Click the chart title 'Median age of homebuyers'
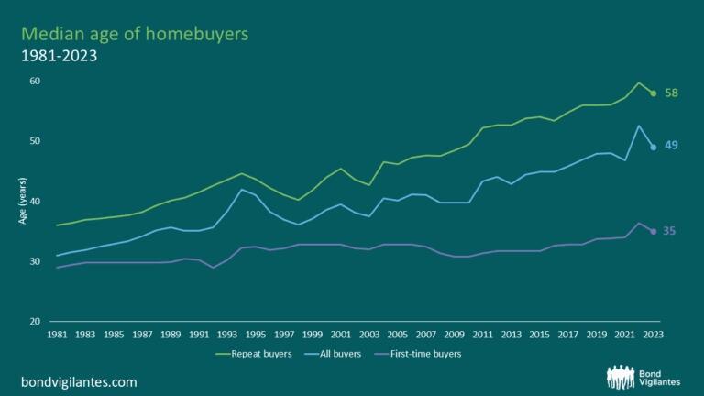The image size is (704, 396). click(135, 34)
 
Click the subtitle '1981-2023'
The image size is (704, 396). click(60, 56)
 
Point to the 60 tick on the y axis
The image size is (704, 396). click(35, 82)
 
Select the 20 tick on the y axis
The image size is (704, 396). click(35, 322)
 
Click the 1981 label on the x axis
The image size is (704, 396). click(57, 335)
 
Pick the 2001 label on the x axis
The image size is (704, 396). click(341, 335)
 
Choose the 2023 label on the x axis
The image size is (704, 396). click(653, 335)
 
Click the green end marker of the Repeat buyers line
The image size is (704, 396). click(653, 93)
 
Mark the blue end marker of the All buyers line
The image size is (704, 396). click(653, 147)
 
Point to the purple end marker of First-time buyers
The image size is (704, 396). click(653, 231)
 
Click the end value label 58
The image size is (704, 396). click(671, 93)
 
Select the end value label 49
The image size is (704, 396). click(671, 147)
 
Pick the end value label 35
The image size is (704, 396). click(669, 231)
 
